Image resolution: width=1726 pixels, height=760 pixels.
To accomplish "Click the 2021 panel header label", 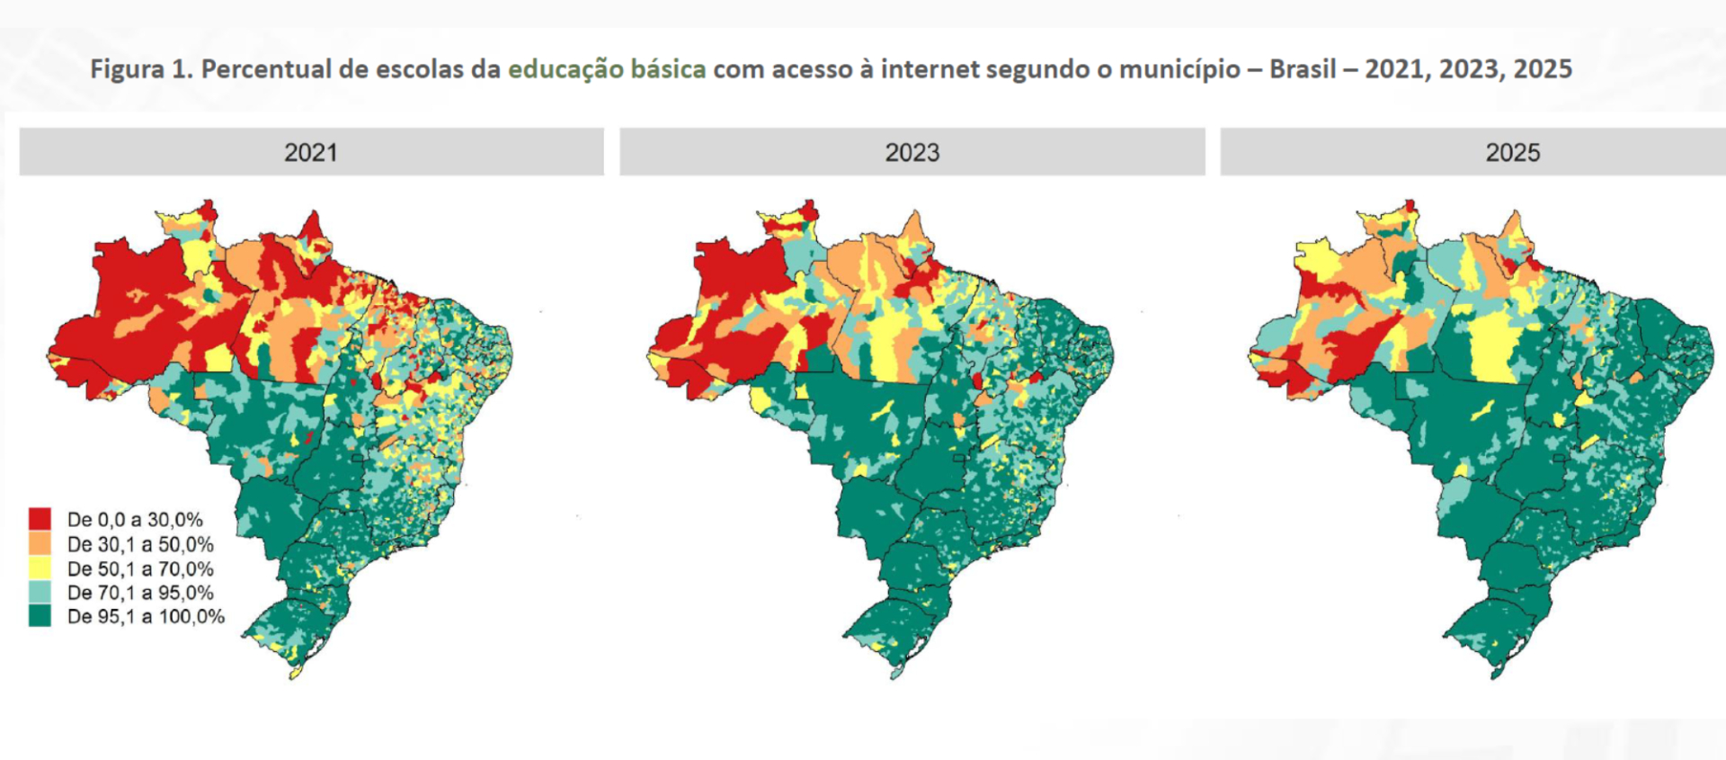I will tap(311, 152).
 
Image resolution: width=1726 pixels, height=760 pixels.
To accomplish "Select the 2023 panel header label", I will tap(912, 152).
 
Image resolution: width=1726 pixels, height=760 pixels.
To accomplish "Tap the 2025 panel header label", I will tap(1512, 152).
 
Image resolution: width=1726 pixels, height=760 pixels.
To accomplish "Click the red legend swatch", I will tap(40, 519).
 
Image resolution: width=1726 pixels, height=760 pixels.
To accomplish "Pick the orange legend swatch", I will tap(40, 543).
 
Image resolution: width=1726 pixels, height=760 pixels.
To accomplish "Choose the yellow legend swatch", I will tap(40, 568).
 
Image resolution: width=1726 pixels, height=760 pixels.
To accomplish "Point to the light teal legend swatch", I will tap(40, 592).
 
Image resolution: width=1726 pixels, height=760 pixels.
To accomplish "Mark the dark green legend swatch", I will tap(40, 616).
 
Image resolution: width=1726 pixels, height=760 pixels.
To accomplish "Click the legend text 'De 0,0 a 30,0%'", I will tap(135, 519).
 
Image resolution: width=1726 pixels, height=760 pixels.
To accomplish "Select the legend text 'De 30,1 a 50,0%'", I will tap(140, 544).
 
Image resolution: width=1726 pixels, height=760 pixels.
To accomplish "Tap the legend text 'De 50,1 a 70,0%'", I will tap(140, 568).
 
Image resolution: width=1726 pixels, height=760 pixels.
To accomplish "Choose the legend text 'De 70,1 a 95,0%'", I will tap(140, 593).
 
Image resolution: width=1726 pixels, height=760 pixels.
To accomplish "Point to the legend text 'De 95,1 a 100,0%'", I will tap(146, 617).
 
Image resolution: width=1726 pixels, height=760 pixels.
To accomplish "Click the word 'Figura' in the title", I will tap(126, 69).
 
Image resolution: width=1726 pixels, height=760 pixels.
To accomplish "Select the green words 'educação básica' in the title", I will tap(607, 69).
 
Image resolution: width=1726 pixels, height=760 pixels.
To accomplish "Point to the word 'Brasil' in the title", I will tap(1303, 69).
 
